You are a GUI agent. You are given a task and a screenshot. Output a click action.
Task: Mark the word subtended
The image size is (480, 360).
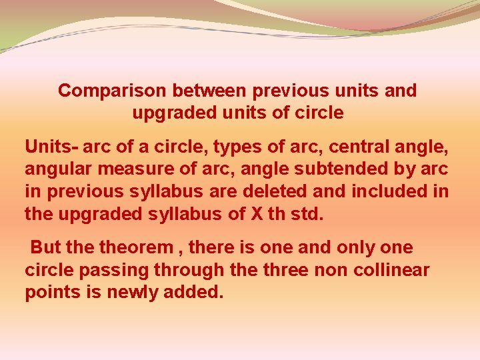pyautogui.click(x=358, y=169)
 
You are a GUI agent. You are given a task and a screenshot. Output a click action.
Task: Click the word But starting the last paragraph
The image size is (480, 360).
pyautogui.click(x=45, y=248)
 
